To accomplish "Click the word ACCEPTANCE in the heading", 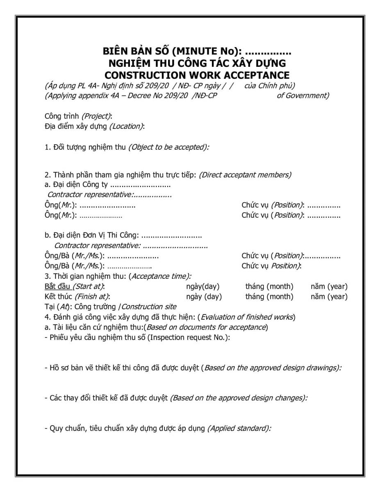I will [253, 75].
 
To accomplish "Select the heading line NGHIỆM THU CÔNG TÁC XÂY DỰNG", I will [197, 64].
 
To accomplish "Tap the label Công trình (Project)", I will [78, 116].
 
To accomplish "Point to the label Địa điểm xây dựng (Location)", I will [94, 126].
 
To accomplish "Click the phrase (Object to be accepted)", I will [168, 147].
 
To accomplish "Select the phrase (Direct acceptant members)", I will [245, 175].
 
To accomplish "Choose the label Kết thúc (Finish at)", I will [77, 296].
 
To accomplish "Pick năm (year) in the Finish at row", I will [329, 296].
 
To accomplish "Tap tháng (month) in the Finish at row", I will [269, 296].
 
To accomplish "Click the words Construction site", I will [149, 307].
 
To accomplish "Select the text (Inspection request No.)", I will [188, 337].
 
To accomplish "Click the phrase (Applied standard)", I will [239, 428].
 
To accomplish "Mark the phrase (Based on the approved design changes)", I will [239, 398].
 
